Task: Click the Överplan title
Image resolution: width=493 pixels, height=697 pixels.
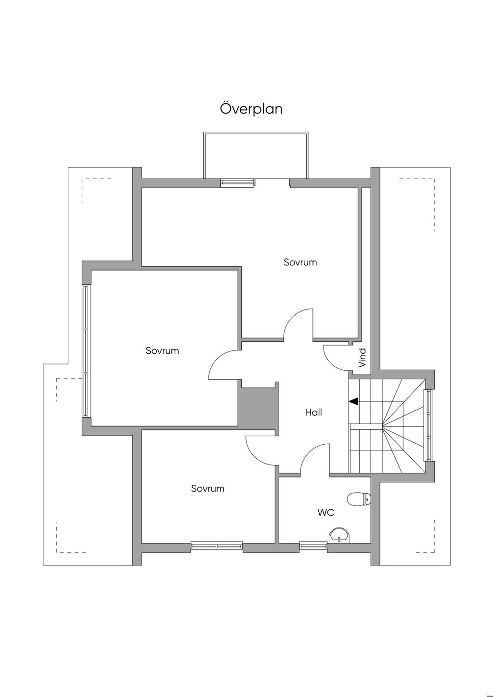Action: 251,109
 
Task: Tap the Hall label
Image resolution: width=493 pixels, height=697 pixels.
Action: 313,413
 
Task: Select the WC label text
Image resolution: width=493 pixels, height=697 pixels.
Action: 325,513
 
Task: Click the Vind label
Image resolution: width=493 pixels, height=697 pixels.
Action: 363,358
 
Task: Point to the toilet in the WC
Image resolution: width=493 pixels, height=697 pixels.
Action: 359,499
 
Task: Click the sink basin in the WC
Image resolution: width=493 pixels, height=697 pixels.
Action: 339,535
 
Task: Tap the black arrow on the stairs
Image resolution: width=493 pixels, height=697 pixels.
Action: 353,402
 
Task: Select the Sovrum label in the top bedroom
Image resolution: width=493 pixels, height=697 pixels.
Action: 300,262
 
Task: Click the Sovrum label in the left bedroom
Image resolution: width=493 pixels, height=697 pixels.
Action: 162,351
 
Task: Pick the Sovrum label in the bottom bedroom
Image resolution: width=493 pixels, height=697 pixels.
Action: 208,489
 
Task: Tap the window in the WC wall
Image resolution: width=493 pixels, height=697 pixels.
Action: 313,545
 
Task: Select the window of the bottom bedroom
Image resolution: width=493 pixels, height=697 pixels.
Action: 217,545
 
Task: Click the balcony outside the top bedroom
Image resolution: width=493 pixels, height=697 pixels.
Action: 256,155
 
